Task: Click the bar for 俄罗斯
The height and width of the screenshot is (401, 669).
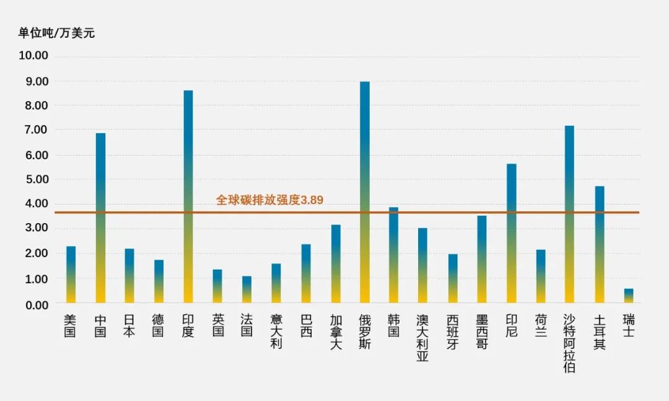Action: (365, 192)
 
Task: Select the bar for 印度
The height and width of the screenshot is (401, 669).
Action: (188, 196)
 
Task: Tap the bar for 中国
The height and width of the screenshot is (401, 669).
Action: (100, 218)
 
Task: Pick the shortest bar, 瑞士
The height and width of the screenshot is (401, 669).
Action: (628, 296)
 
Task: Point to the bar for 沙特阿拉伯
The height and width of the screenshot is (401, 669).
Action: (569, 214)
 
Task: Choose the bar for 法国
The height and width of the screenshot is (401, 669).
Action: (247, 289)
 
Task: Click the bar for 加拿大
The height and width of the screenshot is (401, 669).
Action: (336, 263)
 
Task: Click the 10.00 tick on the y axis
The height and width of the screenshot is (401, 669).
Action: (33, 56)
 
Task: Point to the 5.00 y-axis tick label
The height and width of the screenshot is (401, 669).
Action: (33, 179)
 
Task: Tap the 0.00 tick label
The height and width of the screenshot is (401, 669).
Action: (33, 304)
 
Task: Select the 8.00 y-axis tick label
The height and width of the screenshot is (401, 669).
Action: (33, 105)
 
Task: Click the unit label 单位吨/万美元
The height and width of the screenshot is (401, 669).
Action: (56, 33)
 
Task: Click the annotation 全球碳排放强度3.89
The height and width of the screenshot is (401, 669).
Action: (269, 200)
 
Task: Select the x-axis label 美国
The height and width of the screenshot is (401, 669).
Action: (70, 325)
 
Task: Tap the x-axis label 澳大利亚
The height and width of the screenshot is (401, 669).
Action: (422, 338)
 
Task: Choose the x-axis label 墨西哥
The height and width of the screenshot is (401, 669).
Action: (481, 332)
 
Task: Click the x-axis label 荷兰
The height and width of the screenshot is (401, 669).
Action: (540, 325)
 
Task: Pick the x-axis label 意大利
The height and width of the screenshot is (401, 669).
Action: (276, 332)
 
